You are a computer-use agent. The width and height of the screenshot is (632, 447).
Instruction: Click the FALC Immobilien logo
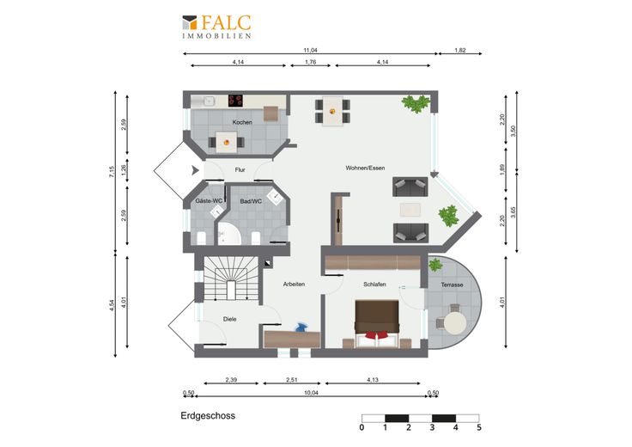tap(217, 27)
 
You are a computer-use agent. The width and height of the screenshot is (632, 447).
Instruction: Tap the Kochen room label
tap(242, 122)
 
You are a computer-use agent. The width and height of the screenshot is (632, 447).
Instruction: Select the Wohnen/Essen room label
tap(365, 168)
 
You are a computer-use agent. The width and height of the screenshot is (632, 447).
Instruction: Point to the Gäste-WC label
tap(209, 200)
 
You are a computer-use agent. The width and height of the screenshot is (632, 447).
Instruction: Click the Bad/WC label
tap(251, 201)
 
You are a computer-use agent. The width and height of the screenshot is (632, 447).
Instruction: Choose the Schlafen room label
tap(374, 285)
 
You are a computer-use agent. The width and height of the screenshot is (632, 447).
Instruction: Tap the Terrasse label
tap(452, 285)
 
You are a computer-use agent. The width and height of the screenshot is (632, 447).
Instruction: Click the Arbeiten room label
tap(294, 284)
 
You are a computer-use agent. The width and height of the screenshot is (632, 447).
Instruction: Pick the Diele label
tap(230, 319)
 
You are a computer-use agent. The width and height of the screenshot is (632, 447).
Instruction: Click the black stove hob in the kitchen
tap(236, 101)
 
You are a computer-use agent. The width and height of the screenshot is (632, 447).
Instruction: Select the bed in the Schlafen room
tap(377, 324)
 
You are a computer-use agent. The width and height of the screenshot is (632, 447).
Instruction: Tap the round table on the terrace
tap(455, 323)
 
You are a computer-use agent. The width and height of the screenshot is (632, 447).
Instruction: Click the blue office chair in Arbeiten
tap(301, 328)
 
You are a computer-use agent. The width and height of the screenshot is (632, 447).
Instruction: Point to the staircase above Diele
tap(230, 279)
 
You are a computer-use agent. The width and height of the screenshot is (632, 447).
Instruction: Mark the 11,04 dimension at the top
tap(310, 51)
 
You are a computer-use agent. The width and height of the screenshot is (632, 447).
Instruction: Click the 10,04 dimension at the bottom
tap(311, 393)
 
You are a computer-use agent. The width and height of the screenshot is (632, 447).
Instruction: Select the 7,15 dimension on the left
tap(112, 172)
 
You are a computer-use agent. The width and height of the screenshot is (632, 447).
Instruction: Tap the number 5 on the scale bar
tap(479, 427)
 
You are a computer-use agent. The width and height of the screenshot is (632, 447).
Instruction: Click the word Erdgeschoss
tap(208, 416)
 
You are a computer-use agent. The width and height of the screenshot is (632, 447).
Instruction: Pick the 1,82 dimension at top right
tap(460, 51)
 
